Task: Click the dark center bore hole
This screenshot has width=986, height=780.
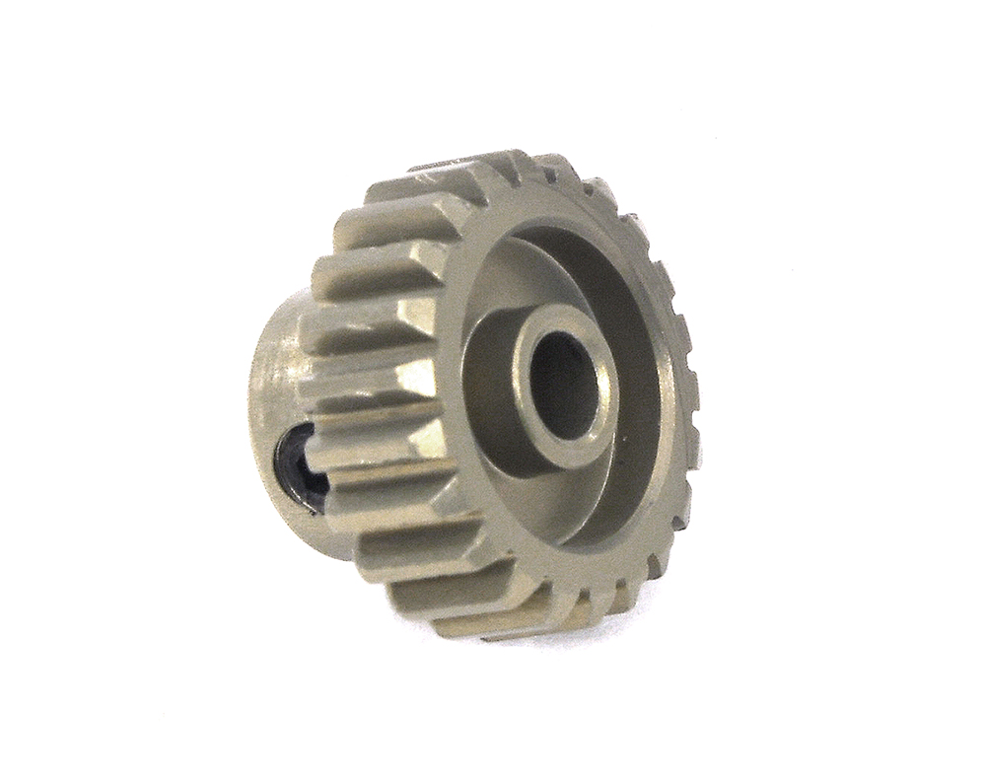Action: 565,381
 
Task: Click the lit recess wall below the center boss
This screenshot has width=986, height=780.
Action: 552,493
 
